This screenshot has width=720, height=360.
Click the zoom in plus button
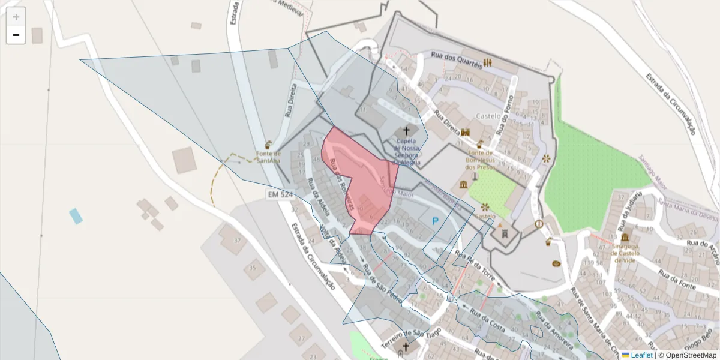click(16, 17)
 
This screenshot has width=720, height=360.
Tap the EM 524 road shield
click(280, 194)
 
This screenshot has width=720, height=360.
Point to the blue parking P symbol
click(436, 221)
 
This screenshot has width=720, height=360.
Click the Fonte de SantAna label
click(268, 157)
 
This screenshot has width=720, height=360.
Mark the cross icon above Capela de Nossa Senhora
click(406, 131)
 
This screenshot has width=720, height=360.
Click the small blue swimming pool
click(76, 215)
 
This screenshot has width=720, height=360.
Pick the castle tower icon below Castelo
click(504, 233)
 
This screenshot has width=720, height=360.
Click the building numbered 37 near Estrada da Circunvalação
click(238, 241)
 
